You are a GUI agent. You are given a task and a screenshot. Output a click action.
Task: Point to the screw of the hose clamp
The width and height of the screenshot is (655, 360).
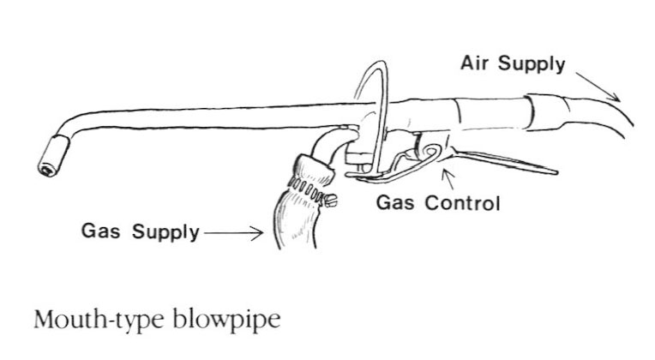click(329, 201)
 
